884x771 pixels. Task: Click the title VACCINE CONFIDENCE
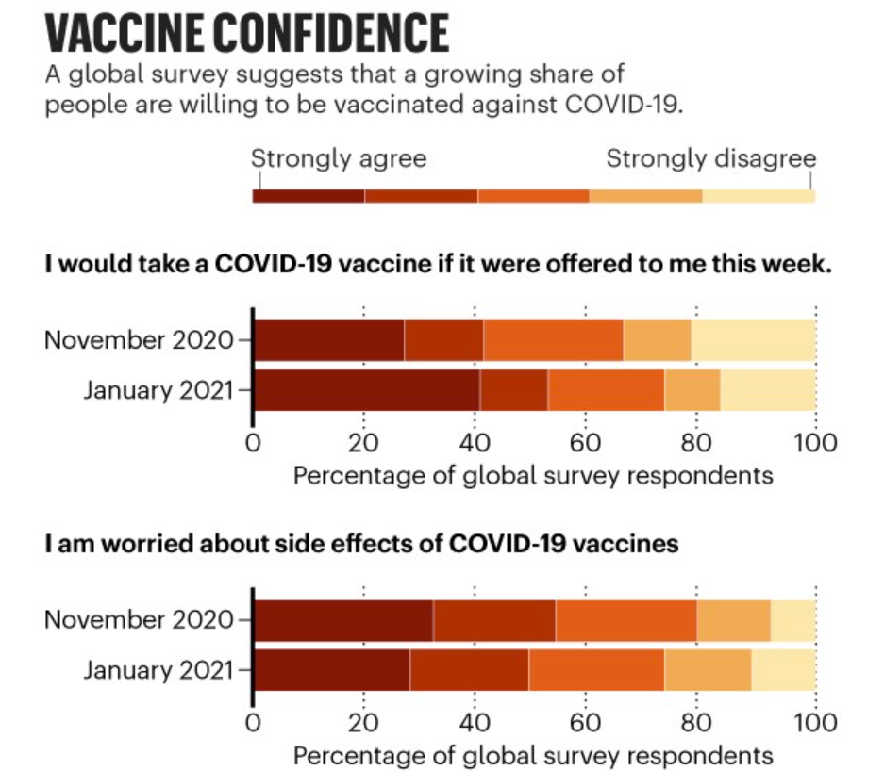247,33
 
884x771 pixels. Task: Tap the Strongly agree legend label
339,158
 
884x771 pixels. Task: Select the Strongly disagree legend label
710,158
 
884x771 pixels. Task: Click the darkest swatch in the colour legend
309,196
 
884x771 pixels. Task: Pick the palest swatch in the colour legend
759,196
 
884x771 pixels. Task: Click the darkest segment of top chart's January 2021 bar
367,389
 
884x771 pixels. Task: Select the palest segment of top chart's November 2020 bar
753,339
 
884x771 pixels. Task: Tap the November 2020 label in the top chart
138,339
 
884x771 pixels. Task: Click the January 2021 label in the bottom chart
157,670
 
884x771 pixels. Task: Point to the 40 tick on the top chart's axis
475,442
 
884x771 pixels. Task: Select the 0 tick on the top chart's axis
253,442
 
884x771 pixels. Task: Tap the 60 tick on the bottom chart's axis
585,723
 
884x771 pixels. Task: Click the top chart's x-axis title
533,475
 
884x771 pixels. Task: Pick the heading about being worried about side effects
361,544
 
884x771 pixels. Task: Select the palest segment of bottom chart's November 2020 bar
792,620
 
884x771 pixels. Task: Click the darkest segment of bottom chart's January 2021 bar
332,670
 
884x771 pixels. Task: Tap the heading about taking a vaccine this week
439,265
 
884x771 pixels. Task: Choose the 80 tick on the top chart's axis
697,442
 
